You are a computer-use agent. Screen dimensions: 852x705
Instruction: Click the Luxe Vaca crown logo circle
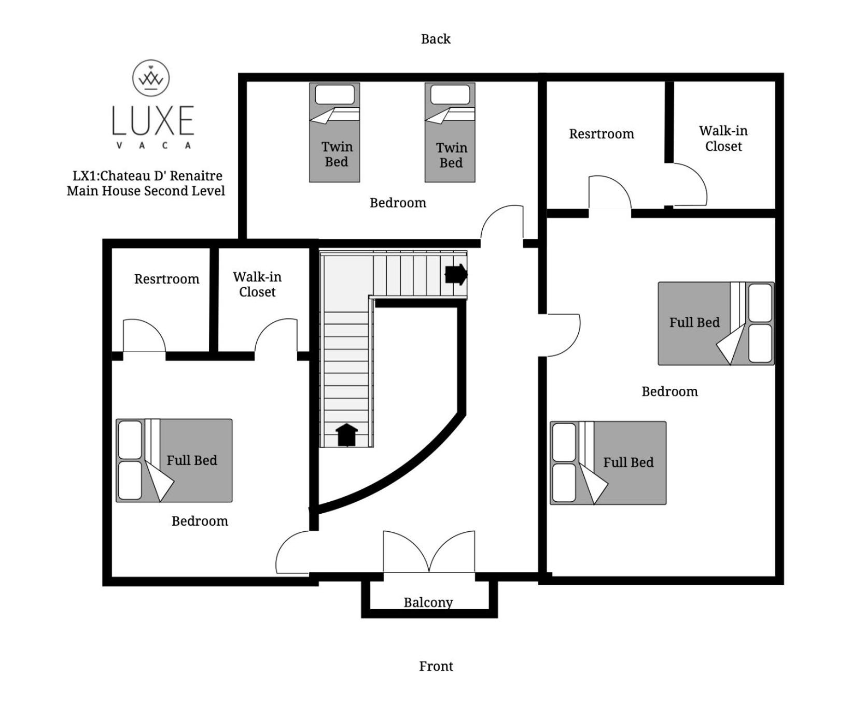(151, 78)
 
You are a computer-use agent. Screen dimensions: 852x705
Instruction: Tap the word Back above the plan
(436, 39)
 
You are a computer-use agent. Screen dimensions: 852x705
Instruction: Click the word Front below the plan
(436, 666)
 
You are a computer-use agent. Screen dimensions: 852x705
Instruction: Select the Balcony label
(428, 602)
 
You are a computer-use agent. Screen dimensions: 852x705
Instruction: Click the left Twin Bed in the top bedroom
(334, 133)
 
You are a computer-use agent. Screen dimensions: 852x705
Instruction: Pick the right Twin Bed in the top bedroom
(450, 133)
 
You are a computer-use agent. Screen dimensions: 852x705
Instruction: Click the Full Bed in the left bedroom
(174, 460)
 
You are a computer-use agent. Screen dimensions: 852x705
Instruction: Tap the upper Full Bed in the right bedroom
(716, 323)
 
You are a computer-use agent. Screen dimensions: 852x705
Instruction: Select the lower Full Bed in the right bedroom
(608, 463)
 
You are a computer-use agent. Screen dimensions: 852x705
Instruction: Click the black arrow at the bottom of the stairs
(347, 435)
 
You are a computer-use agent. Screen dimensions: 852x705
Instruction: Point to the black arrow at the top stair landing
(456, 274)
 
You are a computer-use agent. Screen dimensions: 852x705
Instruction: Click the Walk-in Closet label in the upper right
(723, 138)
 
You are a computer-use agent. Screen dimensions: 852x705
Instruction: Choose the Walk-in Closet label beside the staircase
(257, 285)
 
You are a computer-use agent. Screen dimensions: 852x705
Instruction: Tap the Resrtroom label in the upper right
(602, 134)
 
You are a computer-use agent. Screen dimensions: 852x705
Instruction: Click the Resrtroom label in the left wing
(167, 279)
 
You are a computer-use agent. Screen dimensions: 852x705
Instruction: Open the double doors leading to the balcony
(429, 552)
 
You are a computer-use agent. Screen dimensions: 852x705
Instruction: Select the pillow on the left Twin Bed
(335, 95)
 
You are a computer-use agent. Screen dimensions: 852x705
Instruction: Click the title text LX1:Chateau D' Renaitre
(147, 176)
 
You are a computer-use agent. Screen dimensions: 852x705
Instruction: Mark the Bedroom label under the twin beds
(398, 203)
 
